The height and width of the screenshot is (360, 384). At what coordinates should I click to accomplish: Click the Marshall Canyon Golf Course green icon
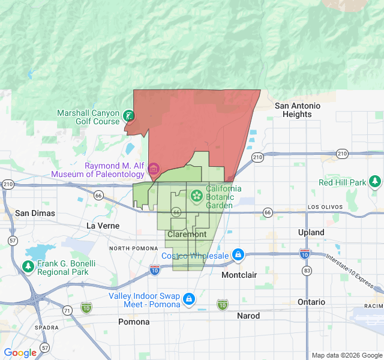128,116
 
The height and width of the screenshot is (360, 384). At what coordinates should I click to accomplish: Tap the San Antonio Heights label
298,110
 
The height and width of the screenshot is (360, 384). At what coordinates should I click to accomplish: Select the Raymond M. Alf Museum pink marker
153,169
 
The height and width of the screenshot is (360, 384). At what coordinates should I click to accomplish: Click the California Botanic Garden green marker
196,196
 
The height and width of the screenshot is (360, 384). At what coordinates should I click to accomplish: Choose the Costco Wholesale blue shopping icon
239,255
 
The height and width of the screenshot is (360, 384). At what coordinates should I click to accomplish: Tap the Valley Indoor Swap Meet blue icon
189,298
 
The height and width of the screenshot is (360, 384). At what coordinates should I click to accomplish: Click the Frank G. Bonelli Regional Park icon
28,266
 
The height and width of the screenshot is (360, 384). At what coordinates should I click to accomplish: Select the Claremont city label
187,234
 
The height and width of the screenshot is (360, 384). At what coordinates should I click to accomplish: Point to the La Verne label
103,226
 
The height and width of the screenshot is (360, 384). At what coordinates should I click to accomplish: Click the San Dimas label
35,213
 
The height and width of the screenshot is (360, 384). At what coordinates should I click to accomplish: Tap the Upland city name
311,232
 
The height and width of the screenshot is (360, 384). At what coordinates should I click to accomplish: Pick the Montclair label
239,274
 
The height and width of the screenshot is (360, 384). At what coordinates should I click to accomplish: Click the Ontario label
311,302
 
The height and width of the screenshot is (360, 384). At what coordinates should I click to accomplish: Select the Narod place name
248,316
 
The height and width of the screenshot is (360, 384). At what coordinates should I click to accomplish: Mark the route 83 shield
307,271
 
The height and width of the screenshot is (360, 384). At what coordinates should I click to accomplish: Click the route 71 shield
67,310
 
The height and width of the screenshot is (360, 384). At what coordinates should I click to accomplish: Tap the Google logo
20,353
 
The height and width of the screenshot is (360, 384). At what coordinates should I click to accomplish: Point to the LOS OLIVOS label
325,207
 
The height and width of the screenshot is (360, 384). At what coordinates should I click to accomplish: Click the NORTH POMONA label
133,248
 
